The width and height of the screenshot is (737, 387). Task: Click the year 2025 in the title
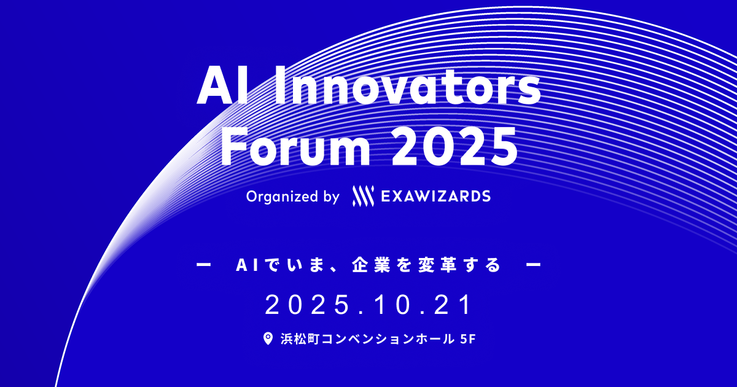click(x=453, y=146)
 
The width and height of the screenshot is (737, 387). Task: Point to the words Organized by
click(x=293, y=197)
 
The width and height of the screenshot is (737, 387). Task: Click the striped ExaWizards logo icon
click(x=362, y=196)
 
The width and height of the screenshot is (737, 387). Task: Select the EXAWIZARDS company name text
click(x=435, y=197)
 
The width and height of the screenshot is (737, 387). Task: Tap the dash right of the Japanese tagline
click(x=533, y=266)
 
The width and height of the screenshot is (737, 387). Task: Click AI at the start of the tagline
click(x=246, y=266)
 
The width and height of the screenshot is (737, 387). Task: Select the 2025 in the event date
click(x=304, y=305)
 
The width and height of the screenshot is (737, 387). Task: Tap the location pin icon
click(x=268, y=339)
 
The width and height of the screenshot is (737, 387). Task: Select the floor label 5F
click(x=467, y=339)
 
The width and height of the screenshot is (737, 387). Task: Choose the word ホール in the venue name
click(x=434, y=339)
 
